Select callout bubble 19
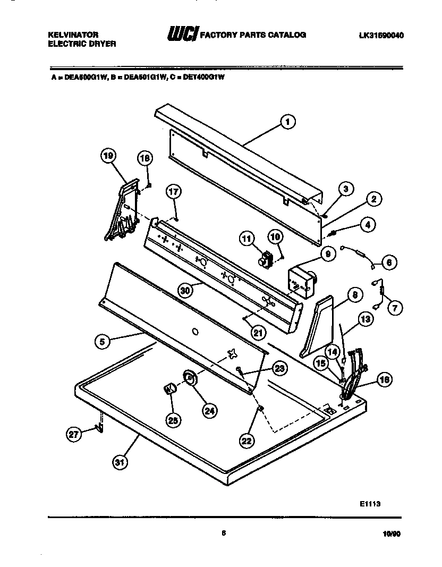click(108, 156)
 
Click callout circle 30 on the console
click(185, 290)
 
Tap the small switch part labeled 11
click(265, 259)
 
